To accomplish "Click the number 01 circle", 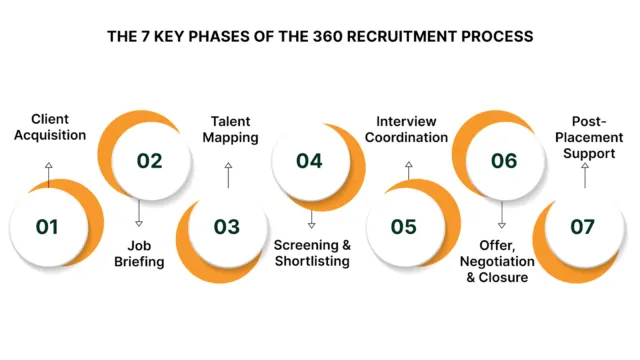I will click(47, 226).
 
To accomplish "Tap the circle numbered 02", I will click(149, 160).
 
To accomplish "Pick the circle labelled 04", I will click(309, 160).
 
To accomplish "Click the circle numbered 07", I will click(583, 226).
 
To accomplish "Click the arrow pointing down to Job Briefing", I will click(139, 213).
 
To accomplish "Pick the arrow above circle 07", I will click(584, 176).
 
